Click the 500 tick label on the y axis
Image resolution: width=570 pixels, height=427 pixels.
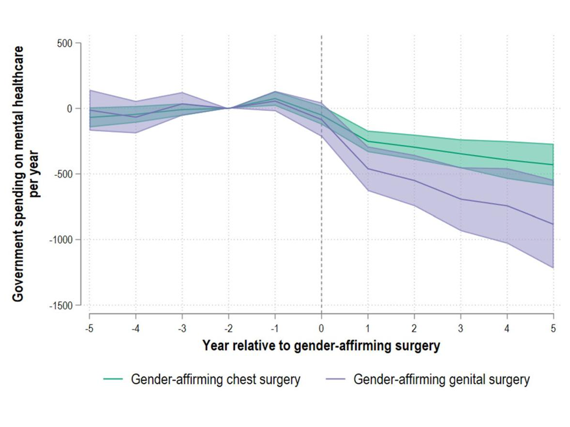click(65, 43)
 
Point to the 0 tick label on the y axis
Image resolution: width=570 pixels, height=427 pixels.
click(70, 109)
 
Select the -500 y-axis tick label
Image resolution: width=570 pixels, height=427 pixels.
click(63, 174)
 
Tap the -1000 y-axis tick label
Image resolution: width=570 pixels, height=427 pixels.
click(61, 240)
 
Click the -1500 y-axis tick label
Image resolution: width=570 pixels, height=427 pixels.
click(61, 306)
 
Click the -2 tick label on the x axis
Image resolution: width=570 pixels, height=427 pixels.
click(228, 328)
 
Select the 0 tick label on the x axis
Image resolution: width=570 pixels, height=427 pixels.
click(321, 328)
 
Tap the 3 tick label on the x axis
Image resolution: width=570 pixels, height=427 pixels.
click(460, 328)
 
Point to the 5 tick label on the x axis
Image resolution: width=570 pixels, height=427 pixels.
click(553, 328)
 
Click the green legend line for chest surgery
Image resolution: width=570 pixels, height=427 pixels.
click(113, 379)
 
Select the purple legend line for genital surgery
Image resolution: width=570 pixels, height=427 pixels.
click(336, 379)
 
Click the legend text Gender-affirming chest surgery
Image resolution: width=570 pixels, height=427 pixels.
click(216, 379)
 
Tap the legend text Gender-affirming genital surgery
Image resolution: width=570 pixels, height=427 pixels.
click(441, 379)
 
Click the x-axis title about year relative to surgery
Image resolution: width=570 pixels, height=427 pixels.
click(321, 346)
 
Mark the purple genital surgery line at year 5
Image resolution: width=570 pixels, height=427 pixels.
click(553, 224)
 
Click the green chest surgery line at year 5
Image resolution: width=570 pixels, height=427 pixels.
click(553, 164)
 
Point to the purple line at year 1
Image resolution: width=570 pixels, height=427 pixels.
click(368, 169)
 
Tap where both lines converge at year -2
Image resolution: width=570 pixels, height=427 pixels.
click(228, 108)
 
